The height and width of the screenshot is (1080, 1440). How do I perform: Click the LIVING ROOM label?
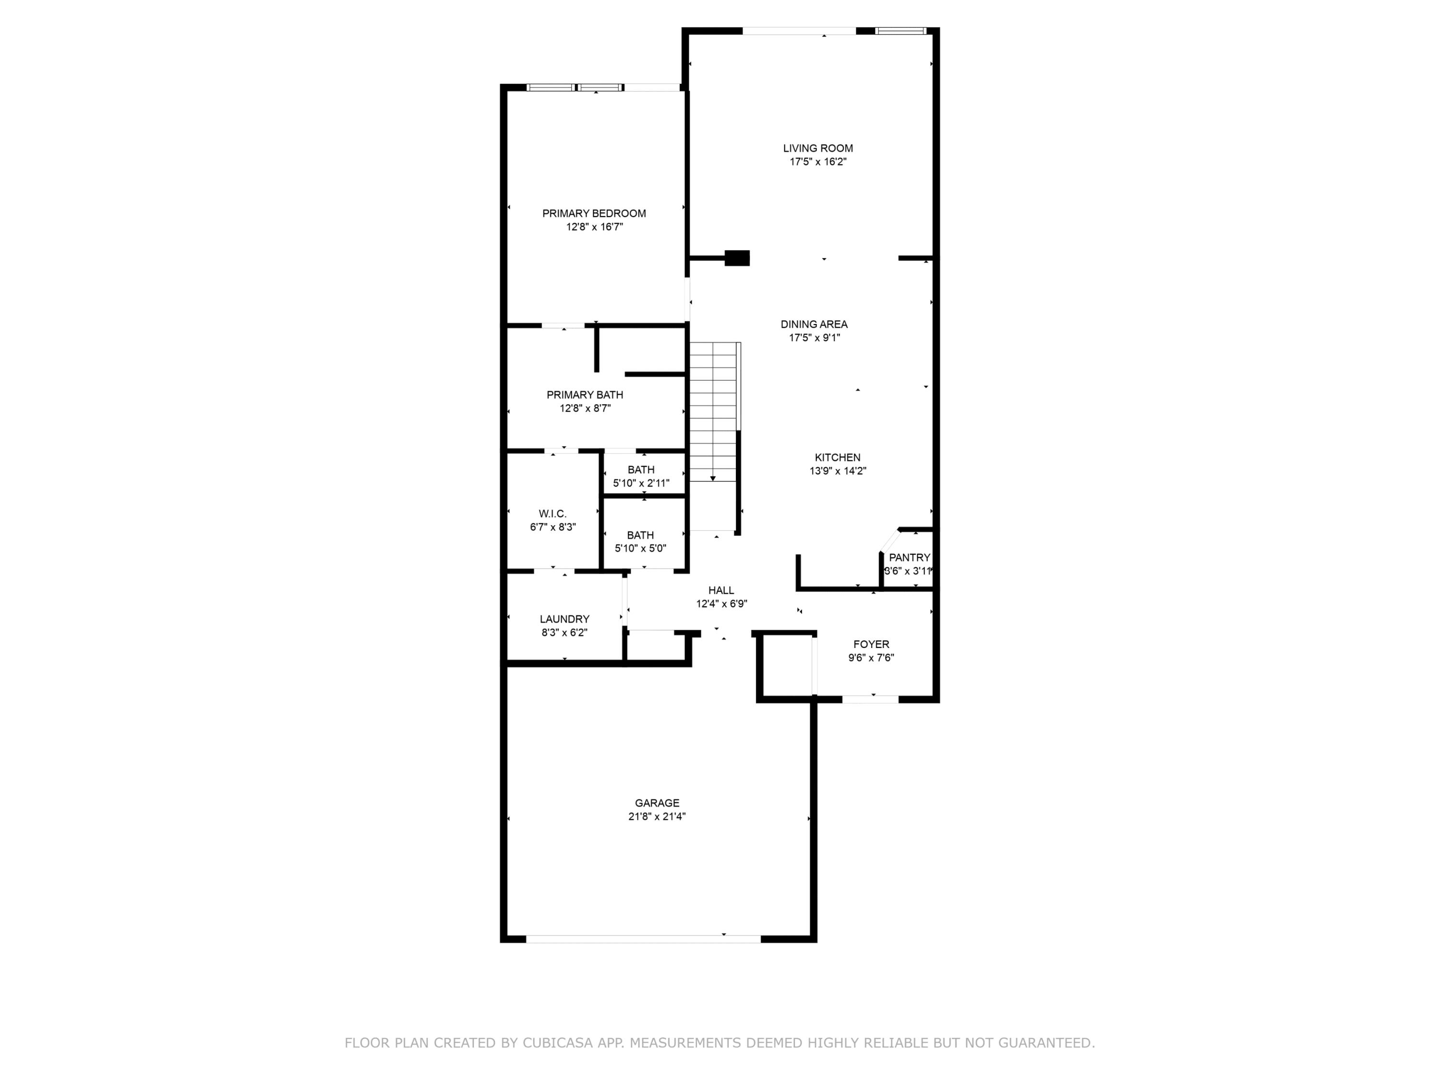[817, 148]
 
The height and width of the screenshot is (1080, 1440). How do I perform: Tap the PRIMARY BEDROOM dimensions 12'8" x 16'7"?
[594, 227]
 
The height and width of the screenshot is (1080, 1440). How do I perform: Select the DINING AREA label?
[814, 324]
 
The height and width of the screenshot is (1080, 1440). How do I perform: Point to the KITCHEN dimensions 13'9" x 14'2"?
[838, 471]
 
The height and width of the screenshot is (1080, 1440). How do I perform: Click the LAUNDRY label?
[564, 619]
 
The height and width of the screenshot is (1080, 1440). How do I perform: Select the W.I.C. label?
[552, 514]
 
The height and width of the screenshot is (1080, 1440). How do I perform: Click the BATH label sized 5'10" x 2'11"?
[641, 470]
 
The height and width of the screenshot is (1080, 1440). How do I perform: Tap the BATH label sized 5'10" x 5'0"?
[641, 535]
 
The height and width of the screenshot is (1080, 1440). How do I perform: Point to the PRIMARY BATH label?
[585, 395]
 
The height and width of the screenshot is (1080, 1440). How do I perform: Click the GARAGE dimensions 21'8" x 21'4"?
[657, 817]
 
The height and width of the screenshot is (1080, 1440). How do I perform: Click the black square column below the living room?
[737, 258]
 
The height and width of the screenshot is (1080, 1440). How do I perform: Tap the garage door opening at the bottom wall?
[643, 939]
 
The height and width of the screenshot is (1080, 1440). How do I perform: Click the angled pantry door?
[889, 541]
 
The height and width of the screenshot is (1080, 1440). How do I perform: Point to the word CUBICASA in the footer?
[557, 1044]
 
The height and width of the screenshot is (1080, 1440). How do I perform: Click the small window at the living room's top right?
[900, 31]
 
